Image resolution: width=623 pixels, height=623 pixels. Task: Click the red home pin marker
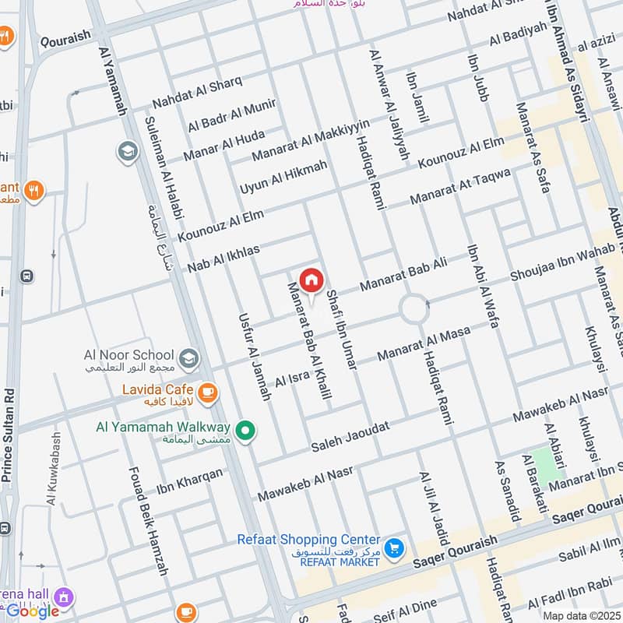(311, 280)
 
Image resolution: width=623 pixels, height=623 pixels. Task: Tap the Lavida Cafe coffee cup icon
(207, 393)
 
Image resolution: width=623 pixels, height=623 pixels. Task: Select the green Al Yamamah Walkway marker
(247, 430)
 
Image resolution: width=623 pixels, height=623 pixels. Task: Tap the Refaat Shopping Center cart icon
(395, 549)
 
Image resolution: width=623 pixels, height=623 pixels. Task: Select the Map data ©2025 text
(580, 616)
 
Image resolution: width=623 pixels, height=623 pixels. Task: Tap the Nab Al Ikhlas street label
(223, 258)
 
